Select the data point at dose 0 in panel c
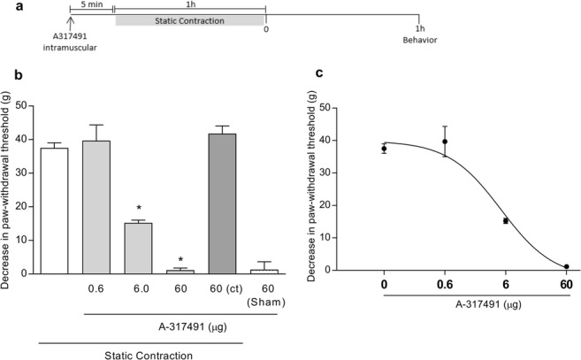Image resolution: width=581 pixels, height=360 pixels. click(x=384, y=149)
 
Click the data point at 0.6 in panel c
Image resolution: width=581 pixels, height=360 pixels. click(x=445, y=141)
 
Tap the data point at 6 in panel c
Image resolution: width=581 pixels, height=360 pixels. click(x=505, y=220)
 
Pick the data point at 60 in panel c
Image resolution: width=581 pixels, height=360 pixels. click(x=565, y=266)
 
